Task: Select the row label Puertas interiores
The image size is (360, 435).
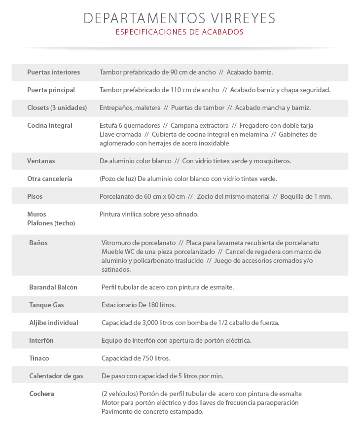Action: tap(53, 72)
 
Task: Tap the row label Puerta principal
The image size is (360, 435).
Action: tap(51, 90)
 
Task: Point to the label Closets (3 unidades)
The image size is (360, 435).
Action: tap(57, 108)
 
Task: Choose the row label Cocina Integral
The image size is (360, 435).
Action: tap(50, 126)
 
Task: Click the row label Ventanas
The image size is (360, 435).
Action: tap(41, 161)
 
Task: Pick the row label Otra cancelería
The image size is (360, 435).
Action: tap(50, 179)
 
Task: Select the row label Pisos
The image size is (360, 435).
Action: tap(35, 197)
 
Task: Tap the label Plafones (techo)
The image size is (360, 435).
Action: tap(51, 223)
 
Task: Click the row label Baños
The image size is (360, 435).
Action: tap(38, 243)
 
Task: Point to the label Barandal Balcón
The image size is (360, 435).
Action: tap(53, 288)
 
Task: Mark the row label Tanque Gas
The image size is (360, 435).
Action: tap(46, 305)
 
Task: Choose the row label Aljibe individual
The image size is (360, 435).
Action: tap(54, 323)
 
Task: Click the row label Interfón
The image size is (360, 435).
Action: tap(41, 341)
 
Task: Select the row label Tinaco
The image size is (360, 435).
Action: tap(39, 359)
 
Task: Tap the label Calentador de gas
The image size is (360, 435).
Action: tap(56, 376)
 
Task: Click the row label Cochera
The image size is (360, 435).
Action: tap(41, 394)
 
